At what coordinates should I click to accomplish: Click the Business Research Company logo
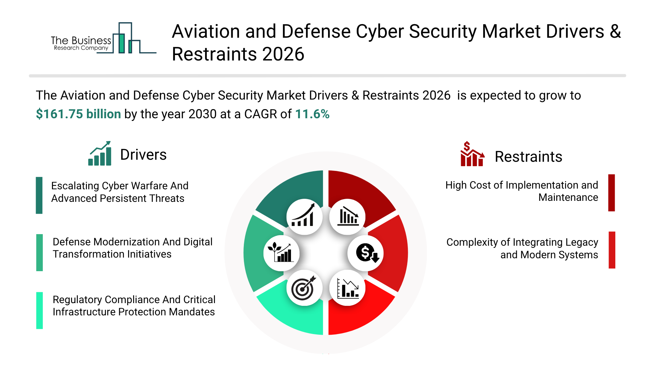pyautogui.click(x=102, y=39)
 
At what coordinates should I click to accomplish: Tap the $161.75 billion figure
pyautogui.click(x=78, y=114)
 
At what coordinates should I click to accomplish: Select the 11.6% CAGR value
pyautogui.click(x=312, y=114)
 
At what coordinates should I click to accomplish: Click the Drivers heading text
pyautogui.click(x=143, y=155)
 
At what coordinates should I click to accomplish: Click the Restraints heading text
pyautogui.click(x=528, y=157)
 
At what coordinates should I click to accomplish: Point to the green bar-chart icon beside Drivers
pyautogui.click(x=100, y=154)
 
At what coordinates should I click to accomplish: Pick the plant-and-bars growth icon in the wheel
pyautogui.click(x=281, y=253)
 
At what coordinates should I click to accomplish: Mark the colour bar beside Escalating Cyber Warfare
pyautogui.click(x=39, y=195)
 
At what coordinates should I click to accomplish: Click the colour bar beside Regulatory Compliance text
pyautogui.click(x=39, y=310)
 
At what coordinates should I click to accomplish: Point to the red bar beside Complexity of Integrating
pyautogui.click(x=612, y=250)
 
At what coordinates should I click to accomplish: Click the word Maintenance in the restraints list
pyautogui.click(x=568, y=197)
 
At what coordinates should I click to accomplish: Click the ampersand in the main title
pyautogui.click(x=615, y=32)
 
